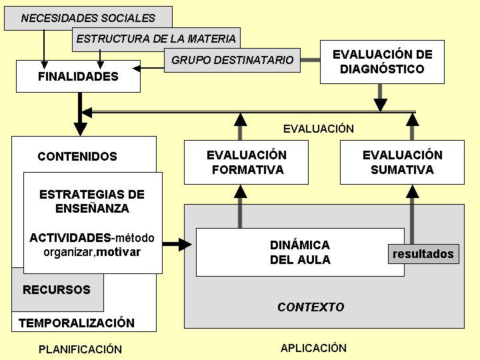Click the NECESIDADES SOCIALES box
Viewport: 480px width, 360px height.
pos(88,18)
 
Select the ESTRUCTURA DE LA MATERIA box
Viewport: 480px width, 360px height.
pos(156,39)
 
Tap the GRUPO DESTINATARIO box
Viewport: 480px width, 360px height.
pos(233,60)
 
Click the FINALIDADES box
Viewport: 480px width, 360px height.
pos(79,76)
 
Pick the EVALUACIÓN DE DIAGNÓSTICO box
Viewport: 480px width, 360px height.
pos(383,62)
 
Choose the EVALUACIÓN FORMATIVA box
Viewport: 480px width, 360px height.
pos(246,162)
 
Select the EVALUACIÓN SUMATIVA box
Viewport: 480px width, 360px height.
pos(402,162)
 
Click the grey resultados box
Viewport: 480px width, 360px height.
pos(424,254)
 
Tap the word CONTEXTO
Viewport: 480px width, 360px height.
pos(311,307)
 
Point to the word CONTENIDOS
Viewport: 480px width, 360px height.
pos(77,157)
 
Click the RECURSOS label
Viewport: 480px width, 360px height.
pos(57,289)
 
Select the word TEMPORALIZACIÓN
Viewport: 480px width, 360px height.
pos(77,323)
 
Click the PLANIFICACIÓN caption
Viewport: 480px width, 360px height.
pos(80,349)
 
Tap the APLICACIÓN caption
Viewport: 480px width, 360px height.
pos(313,348)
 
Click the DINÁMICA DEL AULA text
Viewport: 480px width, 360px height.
pos(300,252)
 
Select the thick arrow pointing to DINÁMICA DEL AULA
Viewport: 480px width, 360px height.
pos(177,244)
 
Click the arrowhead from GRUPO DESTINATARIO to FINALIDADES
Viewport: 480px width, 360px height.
pos(136,68)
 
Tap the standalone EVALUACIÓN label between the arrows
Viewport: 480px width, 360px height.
pos(319,129)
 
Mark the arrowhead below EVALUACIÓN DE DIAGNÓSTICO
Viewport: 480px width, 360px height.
pos(380,105)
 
